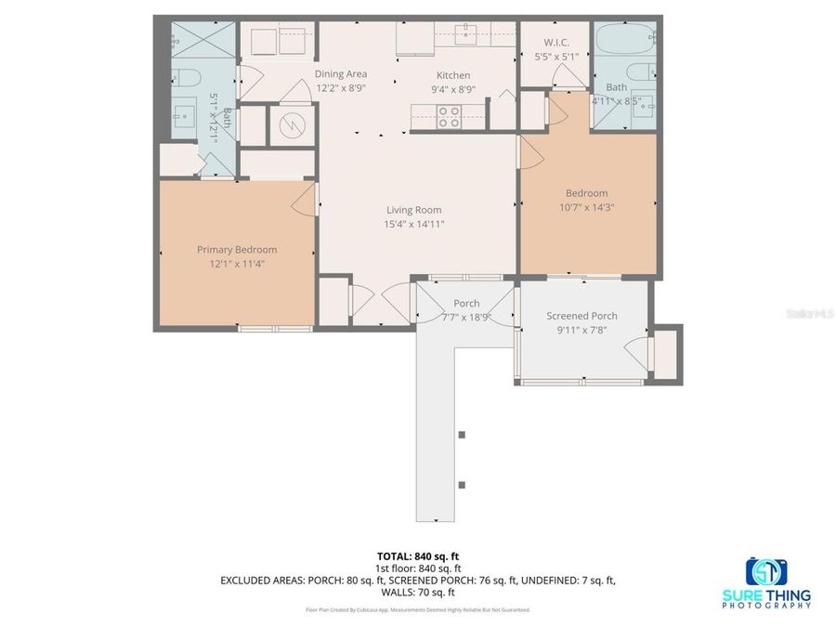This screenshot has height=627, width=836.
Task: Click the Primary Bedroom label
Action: (x=237, y=250)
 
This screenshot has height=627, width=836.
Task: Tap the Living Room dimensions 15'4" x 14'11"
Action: (x=413, y=224)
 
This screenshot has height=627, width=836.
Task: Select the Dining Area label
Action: (x=341, y=74)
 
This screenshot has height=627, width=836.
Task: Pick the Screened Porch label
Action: (x=581, y=316)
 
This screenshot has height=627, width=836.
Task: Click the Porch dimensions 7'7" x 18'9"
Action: (x=466, y=318)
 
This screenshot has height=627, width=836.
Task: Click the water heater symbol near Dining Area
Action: (x=292, y=124)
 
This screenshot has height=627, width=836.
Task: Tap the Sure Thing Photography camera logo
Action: (x=766, y=570)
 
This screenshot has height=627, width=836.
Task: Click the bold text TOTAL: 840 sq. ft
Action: (x=418, y=555)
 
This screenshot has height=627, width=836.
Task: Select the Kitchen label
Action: (x=453, y=75)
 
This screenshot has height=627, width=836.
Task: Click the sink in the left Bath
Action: (x=180, y=113)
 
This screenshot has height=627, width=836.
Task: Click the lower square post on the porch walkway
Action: (x=463, y=485)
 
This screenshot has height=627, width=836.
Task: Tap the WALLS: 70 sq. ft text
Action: (x=418, y=592)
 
